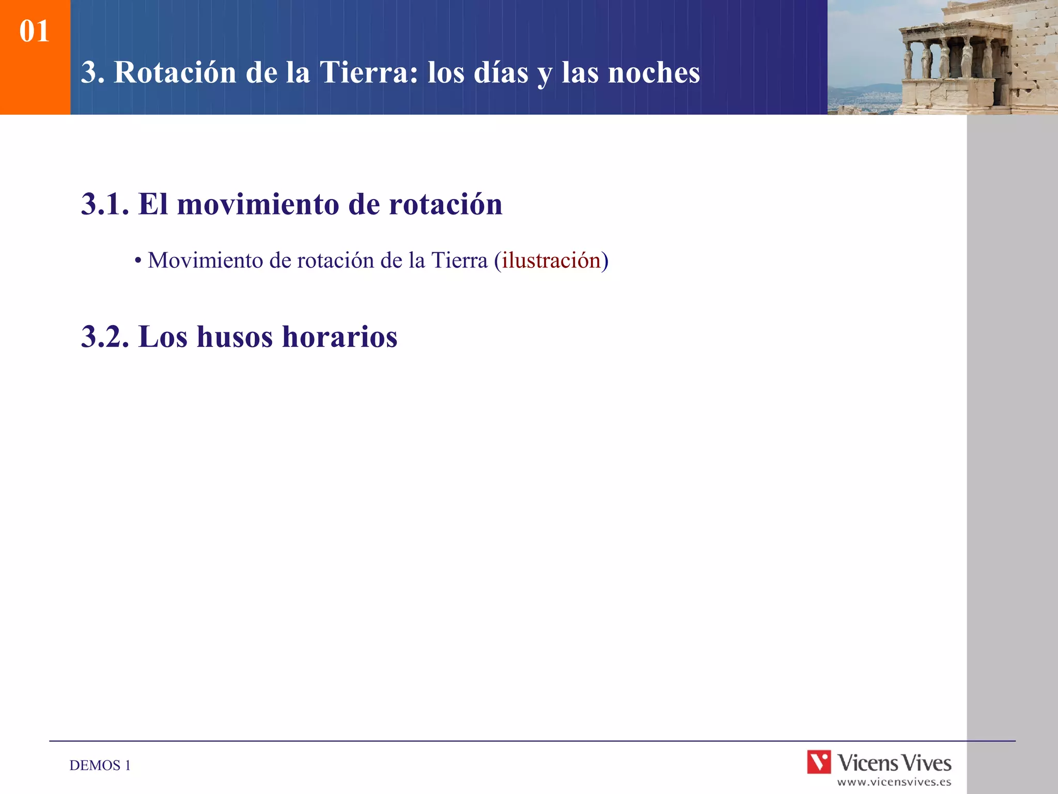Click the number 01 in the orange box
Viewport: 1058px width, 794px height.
click(x=34, y=31)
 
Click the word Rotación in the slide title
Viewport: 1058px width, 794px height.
click(x=175, y=72)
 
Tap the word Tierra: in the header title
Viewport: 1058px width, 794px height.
click(x=369, y=72)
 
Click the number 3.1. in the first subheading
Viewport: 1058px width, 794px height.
click(x=105, y=204)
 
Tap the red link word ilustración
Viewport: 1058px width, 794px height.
click(x=551, y=260)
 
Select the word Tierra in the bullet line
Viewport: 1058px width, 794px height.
click(x=459, y=260)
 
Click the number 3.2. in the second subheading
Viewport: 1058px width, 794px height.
click(x=105, y=337)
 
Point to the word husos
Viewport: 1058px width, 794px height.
click(x=235, y=337)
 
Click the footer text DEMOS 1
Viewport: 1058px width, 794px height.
click(x=100, y=765)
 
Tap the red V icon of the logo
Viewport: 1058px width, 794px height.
click(x=819, y=762)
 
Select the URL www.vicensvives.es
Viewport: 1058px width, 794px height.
click(x=894, y=782)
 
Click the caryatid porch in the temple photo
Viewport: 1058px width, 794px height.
click(x=951, y=57)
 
